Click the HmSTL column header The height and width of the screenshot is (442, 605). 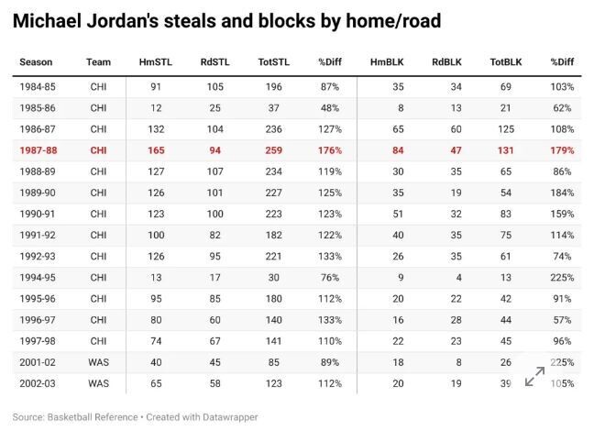pos(155,62)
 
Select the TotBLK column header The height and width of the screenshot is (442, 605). pos(506,62)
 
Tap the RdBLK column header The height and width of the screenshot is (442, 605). pos(446,62)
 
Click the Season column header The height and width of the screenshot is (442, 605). pos(36,62)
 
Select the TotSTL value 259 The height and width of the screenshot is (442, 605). pos(274,150)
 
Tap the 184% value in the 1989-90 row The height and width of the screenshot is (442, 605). pos(563,193)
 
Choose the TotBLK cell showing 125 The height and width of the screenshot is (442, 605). pos(506,129)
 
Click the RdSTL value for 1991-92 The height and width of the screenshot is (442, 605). pos(215,235)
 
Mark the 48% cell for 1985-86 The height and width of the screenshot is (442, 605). pos(330,108)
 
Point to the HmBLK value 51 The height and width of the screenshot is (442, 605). pos(398,214)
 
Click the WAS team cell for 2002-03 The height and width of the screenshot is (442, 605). pos(98,383)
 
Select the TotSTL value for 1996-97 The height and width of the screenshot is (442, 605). pos(274,320)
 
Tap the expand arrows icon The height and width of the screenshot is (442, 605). pos(535,376)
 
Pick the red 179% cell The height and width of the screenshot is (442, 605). pos(563,150)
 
